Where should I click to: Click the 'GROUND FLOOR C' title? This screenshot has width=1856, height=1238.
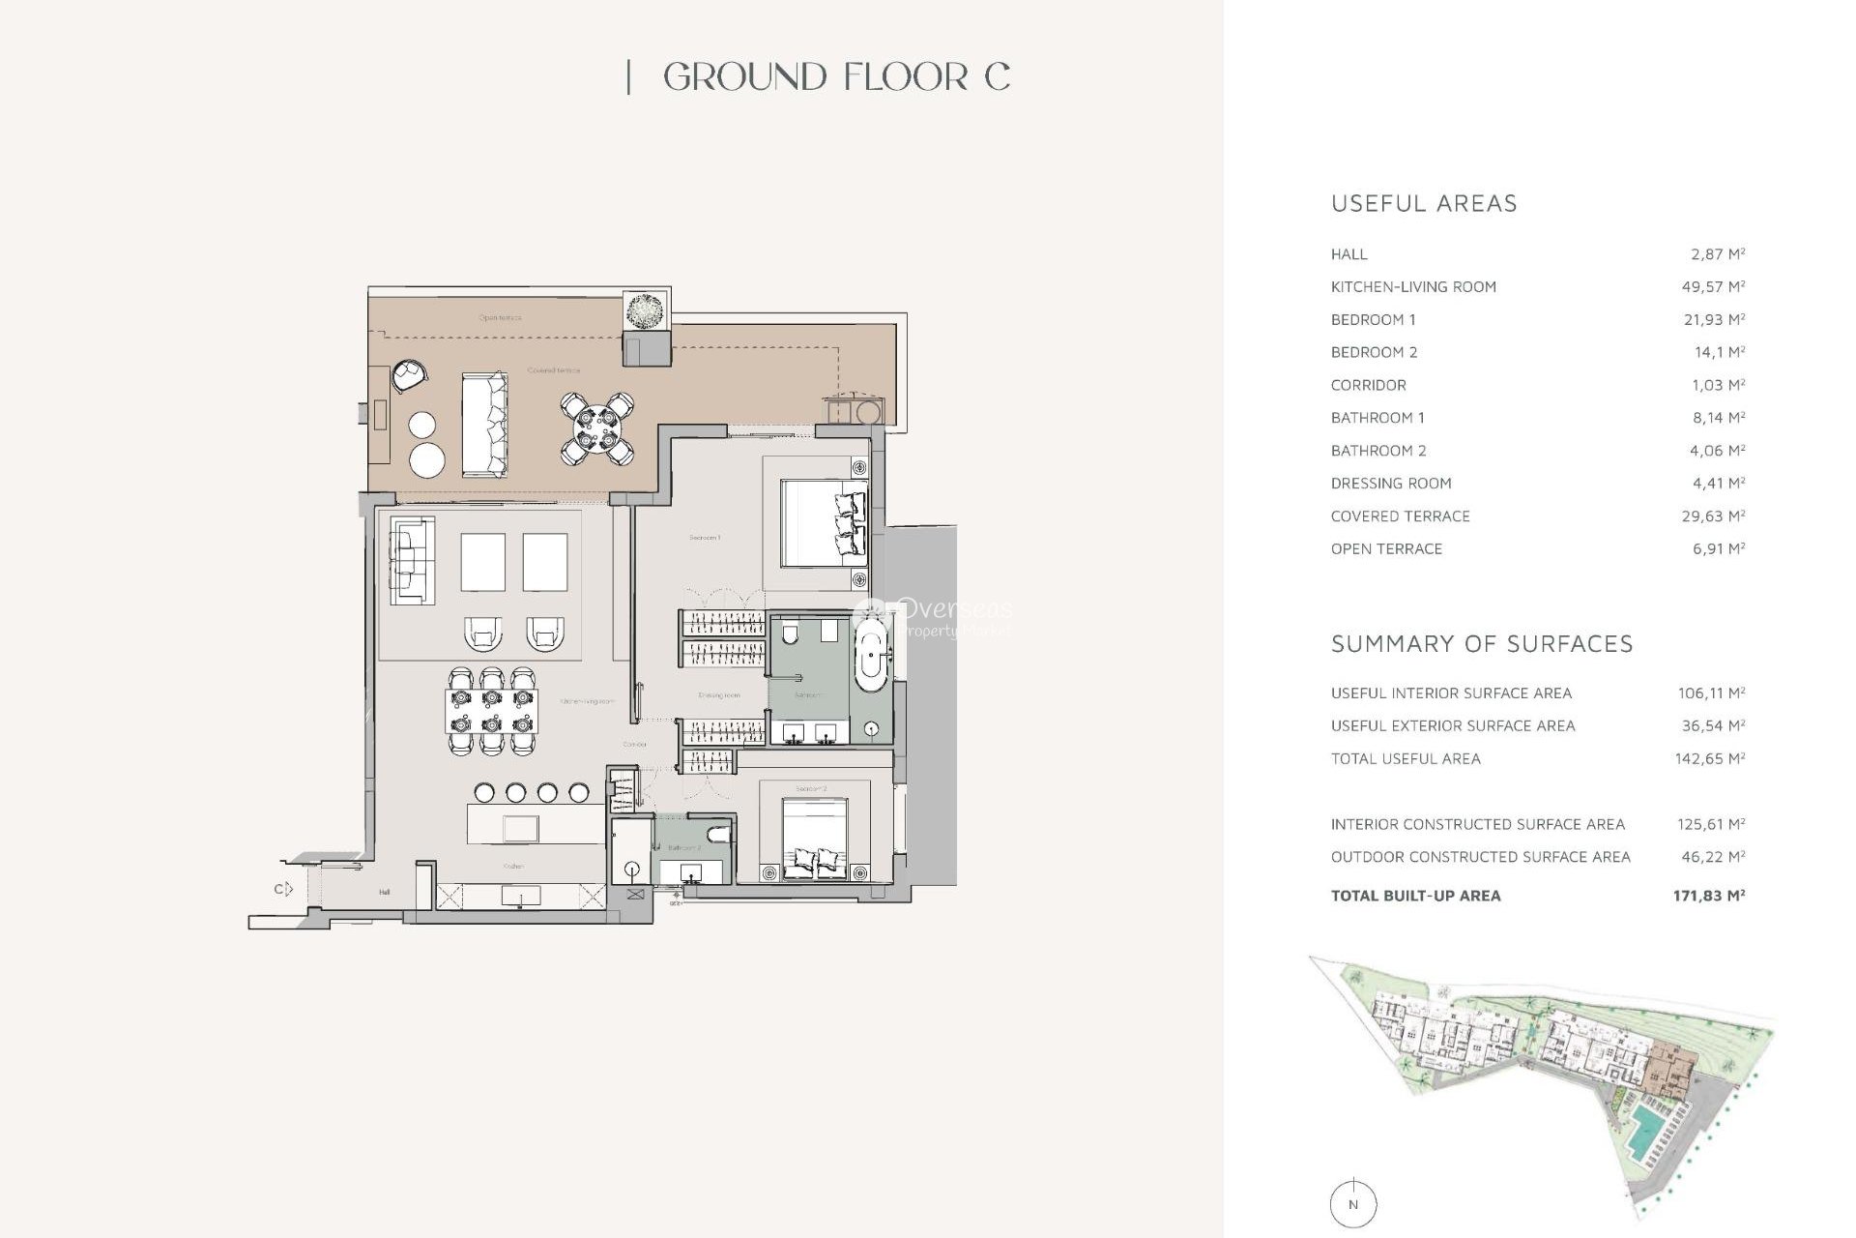(836, 77)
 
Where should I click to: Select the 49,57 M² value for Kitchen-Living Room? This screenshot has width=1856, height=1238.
(1713, 287)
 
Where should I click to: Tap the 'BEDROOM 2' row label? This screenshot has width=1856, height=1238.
(1374, 353)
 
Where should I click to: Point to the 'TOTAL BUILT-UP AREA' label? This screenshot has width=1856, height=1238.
(1415, 897)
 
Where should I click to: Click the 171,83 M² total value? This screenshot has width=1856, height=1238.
(1708, 897)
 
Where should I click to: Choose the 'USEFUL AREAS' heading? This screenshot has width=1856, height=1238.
(1424, 204)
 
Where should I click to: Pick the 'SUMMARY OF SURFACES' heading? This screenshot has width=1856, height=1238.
(1481, 644)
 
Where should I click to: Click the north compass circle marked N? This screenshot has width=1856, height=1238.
(1352, 1205)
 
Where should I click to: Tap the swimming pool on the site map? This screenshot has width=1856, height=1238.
(1640, 1133)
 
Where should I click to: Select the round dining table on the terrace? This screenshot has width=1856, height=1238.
(596, 428)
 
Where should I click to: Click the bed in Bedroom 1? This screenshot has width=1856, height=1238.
(822, 523)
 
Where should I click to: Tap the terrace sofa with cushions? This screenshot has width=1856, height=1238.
(484, 425)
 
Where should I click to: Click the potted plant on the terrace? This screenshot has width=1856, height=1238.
(645, 312)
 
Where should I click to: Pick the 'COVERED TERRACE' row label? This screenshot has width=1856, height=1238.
(1400, 516)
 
